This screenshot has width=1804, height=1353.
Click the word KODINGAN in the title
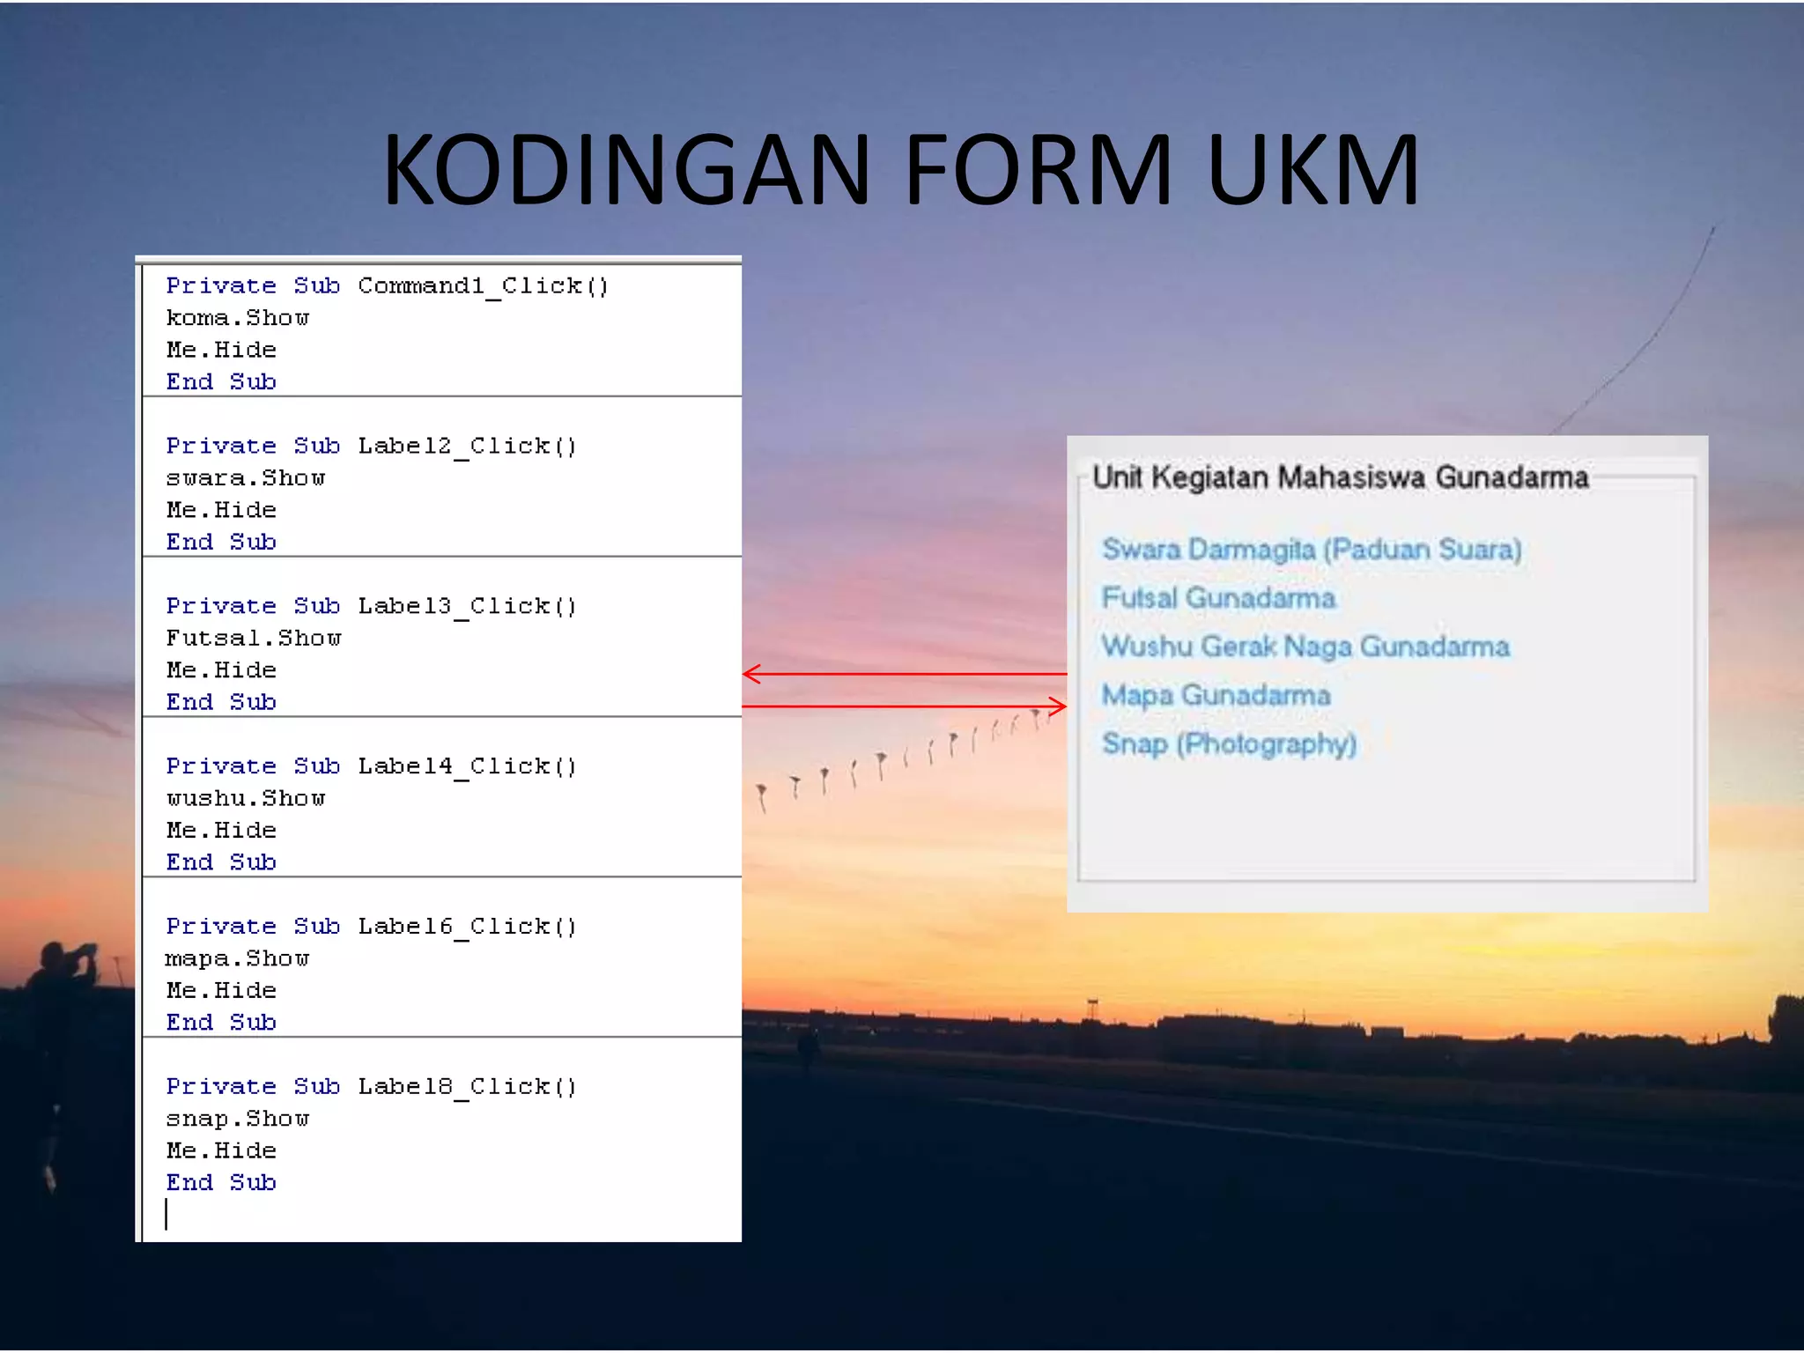click(x=626, y=169)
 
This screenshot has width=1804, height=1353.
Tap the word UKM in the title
click(x=1312, y=169)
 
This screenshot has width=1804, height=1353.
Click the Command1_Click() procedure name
click(x=483, y=286)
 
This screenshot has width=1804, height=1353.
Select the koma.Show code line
click(x=238, y=318)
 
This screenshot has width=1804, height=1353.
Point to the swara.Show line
click(x=246, y=478)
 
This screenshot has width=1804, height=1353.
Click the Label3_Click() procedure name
click(x=467, y=606)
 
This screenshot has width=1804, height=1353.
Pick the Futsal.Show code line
click(x=254, y=639)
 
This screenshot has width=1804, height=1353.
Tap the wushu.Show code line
click(x=246, y=799)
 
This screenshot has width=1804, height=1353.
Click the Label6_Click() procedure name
click(x=467, y=927)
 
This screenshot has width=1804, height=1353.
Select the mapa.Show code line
click(x=238, y=958)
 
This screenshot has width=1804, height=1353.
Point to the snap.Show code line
click(x=238, y=1119)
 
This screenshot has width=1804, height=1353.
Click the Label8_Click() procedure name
click(x=467, y=1087)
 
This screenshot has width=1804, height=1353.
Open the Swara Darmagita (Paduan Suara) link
click(x=1312, y=550)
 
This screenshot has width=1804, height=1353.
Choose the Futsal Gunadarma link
click(x=1218, y=598)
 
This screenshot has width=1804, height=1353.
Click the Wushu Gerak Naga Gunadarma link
click(x=1305, y=647)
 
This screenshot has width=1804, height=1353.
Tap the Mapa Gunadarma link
click(x=1216, y=695)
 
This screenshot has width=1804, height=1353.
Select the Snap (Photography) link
click(x=1229, y=744)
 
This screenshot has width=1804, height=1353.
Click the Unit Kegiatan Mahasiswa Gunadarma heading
click(x=1340, y=477)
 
